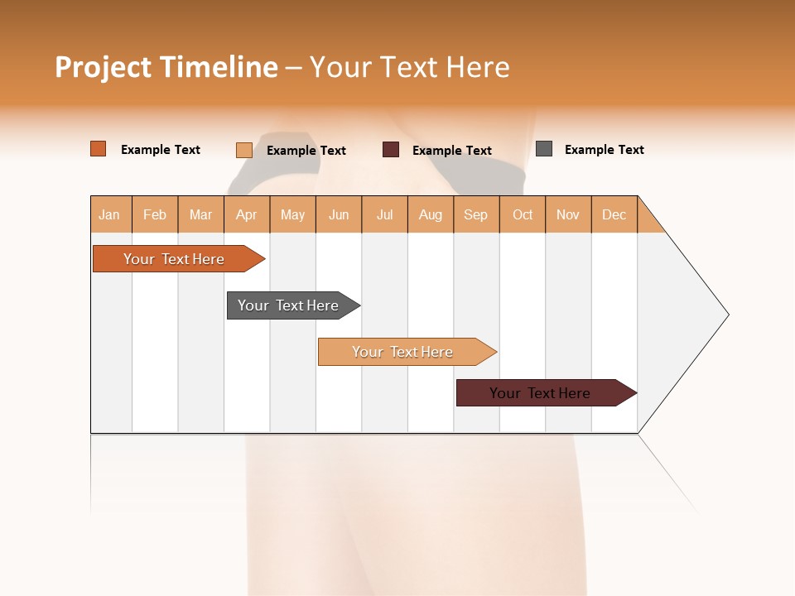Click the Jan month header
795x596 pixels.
point(110,214)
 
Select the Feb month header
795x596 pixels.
point(155,214)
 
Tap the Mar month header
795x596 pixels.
point(200,214)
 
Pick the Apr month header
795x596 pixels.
point(247,214)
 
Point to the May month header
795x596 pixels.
point(292,214)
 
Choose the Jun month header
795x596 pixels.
point(339,214)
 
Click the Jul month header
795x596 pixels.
point(384,214)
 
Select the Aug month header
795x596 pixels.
point(431,214)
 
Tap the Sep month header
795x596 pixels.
point(476,214)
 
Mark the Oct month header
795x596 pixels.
point(523,214)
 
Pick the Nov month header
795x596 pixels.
point(568,214)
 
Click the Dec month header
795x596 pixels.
point(614,214)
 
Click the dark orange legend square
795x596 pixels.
point(99,149)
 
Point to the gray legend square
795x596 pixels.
point(544,149)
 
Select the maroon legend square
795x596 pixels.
point(391,150)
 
